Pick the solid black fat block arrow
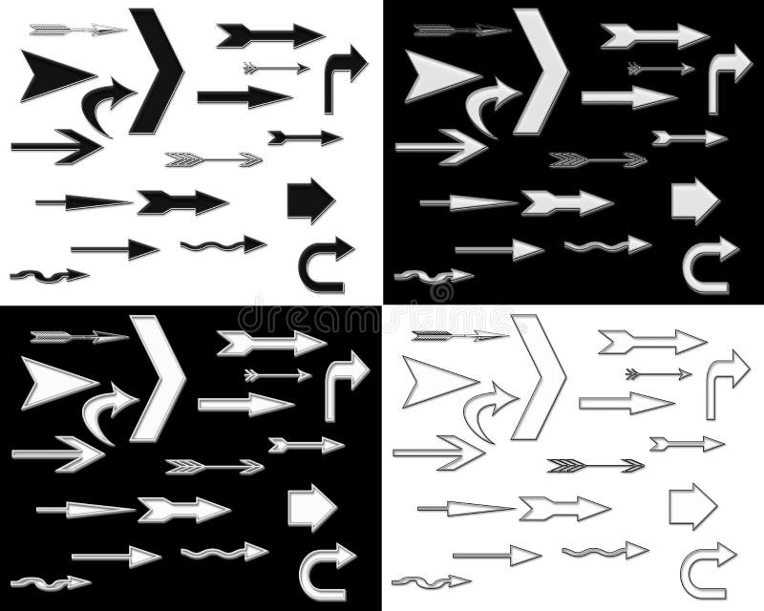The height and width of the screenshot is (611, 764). coord(309,200)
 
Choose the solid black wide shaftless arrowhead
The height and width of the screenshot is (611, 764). coord(53,74)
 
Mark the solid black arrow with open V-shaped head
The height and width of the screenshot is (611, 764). coord(57,146)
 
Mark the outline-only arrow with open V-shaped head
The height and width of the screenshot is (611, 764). coord(439,452)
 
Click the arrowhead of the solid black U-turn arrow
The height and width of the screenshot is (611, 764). coord(339,251)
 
